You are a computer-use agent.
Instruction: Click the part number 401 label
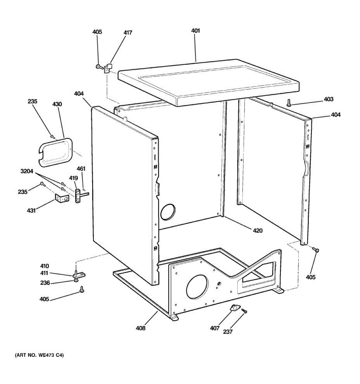tap(195, 31)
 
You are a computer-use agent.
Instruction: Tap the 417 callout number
tap(128, 33)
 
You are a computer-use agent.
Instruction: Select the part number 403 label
tap(328, 99)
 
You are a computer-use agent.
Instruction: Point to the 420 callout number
tap(258, 230)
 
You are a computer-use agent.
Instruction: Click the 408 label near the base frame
tap(140, 328)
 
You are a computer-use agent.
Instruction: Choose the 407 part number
tap(215, 328)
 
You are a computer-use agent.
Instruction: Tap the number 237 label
tap(228, 332)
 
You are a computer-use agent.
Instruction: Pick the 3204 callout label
tap(27, 172)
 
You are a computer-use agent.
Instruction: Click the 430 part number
tap(57, 104)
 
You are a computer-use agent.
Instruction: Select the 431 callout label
tap(31, 211)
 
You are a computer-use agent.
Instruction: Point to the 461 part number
tap(81, 169)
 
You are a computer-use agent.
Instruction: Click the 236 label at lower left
tap(45, 283)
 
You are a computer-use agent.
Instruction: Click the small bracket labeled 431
tap(61, 199)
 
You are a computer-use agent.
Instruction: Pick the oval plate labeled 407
tap(235, 308)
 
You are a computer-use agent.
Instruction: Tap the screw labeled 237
tap(244, 310)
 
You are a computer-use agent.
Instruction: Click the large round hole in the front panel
tap(197, 287)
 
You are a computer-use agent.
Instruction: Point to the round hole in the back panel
tap(168, 212)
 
